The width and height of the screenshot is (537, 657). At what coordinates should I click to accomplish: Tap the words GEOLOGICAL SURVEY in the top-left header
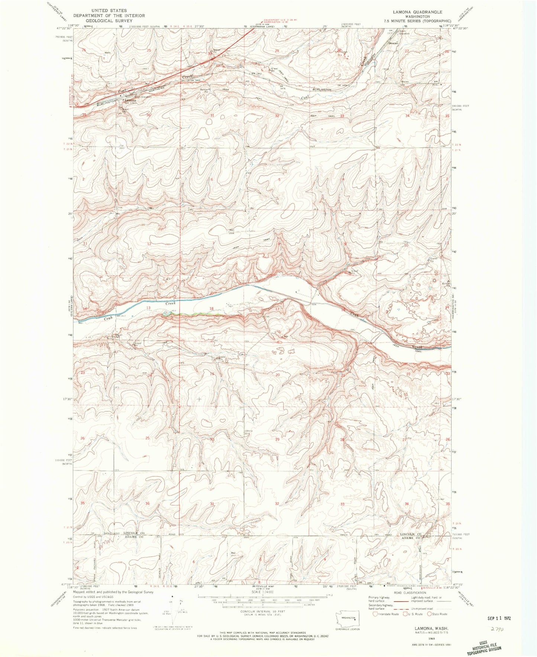tap(109, 21)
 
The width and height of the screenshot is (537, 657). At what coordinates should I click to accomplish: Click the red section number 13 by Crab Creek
tap(148, 308)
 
